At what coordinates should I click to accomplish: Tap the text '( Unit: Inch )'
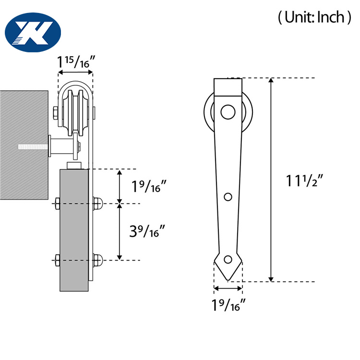click(312, 18)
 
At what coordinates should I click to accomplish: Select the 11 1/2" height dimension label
click(304, 181)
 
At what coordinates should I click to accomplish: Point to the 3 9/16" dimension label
click(149, 232)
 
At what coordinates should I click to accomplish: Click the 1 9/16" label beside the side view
click(149, 186)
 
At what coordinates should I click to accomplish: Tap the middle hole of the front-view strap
click(228, 197)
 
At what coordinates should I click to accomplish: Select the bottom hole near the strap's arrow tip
click(228, 260)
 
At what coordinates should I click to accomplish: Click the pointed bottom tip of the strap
click(228, 278)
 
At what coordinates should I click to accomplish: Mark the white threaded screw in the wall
click(33, 146)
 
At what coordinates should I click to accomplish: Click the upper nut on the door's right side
click(97, 204)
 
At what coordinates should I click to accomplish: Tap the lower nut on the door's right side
click(97, 260)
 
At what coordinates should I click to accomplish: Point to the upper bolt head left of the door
click(57, 204)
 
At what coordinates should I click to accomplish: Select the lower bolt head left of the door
click(57, 260)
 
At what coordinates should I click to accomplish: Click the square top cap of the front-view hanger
click(228, 87)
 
